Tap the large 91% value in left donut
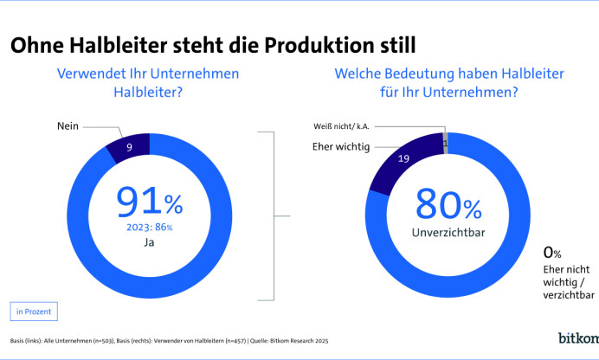[x=149, y=202]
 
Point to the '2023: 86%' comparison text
[x=149, y=228]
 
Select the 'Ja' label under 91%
[x=149, y=244]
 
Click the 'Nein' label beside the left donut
[x=68, y=126]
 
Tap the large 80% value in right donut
[x=448, y=203]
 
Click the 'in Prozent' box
[x=34, y=310]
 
